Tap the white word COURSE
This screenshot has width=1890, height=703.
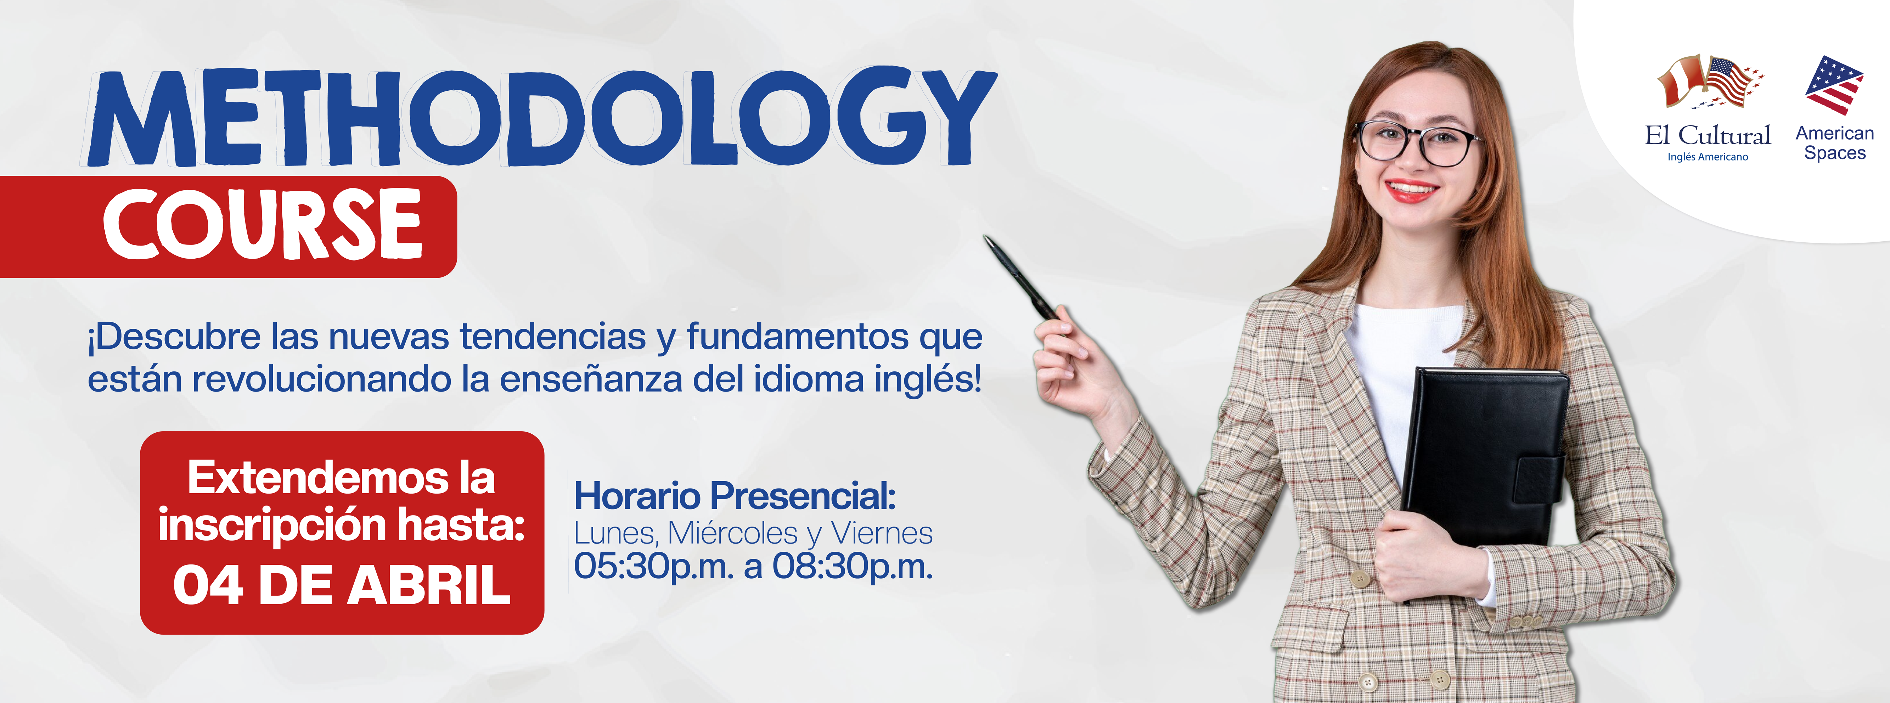coord(263,224)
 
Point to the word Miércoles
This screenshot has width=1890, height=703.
coord(732,534)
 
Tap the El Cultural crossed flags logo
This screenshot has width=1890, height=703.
coord(1710,81)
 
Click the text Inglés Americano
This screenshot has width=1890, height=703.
coord(1708,157)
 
